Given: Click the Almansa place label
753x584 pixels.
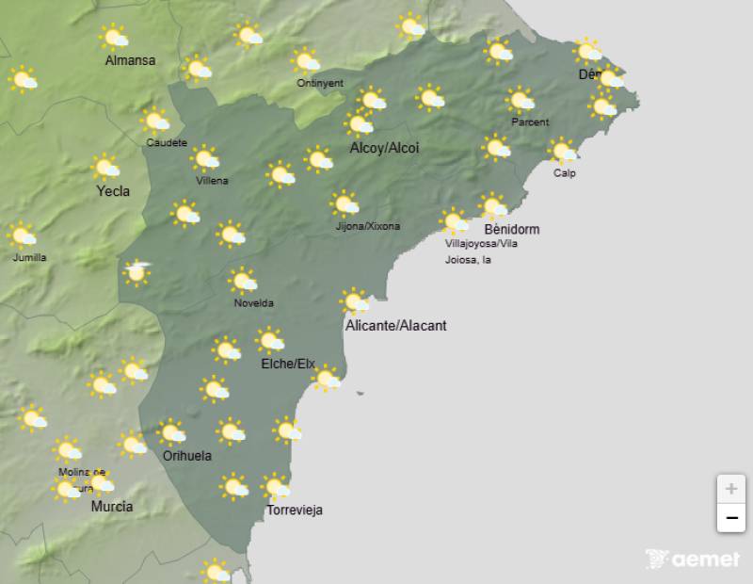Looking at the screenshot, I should [130, 61].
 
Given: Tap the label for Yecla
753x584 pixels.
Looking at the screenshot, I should [113, 191].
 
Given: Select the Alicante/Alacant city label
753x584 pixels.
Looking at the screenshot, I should [396, 326].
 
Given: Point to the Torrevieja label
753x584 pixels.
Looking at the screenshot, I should [295, 511].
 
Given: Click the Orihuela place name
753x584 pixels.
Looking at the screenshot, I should [187, 456].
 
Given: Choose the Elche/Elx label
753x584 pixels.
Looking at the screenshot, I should [288, 364].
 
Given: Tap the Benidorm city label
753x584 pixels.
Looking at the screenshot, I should [511, 229].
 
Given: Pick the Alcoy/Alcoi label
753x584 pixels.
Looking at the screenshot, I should [384, 148].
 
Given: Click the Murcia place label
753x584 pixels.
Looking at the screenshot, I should [111, 507].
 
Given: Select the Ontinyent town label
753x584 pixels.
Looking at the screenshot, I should [320, 83].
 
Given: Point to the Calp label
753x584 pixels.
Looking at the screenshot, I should [565, 173].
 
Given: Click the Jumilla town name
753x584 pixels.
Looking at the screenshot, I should [29, 257].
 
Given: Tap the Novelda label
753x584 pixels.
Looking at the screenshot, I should [254, 303].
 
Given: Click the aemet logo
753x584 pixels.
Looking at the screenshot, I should [694, 560].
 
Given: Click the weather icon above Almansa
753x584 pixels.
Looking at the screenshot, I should [115, 38].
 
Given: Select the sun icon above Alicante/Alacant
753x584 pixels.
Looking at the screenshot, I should [355, 301].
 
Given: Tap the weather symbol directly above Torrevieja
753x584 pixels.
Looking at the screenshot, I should [276, 487].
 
